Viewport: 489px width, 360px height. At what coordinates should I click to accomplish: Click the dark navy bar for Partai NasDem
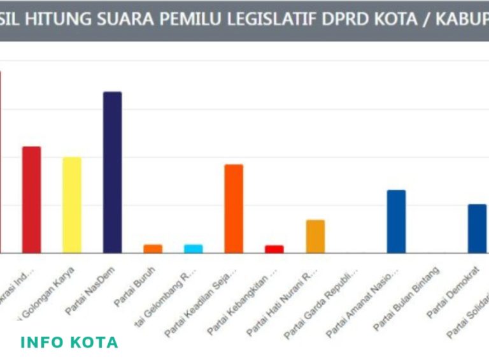pyautogui.click(x=113, y=172)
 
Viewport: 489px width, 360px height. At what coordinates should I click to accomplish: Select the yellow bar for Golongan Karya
pyautogui.click(x=72, y=205)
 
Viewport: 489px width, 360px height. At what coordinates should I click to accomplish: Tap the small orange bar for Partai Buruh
pyautogui.click(x=153, y=248)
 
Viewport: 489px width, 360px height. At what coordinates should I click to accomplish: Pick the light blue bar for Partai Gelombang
pyautogui.click(x=194, y=248)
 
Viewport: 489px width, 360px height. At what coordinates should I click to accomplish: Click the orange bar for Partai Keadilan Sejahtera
pyautogui.click(x=234, y=208)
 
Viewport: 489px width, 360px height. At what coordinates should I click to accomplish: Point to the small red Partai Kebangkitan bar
pyautogui.click(x=274, y=249)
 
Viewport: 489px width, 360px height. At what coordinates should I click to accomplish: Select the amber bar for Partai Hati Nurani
pyautogui.click(x=315, y=236)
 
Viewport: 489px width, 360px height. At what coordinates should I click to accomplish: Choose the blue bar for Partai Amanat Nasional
pyautogui.click(x=396, y=221)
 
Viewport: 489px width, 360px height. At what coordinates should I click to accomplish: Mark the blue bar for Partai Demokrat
pyautogui.click(x=477, y=228)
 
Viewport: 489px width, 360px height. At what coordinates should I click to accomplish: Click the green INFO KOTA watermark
pyautogui.click(x=69, y=342)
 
